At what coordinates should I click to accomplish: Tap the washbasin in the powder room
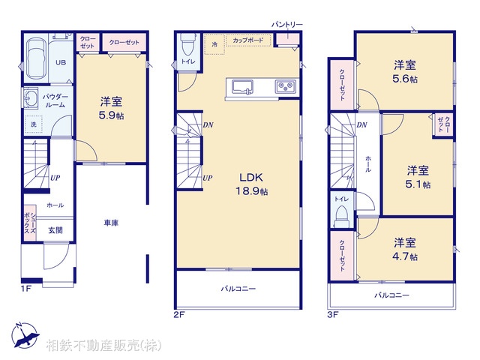[x=31, y=98]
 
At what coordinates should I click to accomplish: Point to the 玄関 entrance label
[x=55, y=230]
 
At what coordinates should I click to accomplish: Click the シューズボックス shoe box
[x=29, y=222]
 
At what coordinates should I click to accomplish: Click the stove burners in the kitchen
[x=286, y=86]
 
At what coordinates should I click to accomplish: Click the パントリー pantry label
[x=286, y=25]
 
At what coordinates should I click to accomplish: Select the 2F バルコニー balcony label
[x=238, y=288]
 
